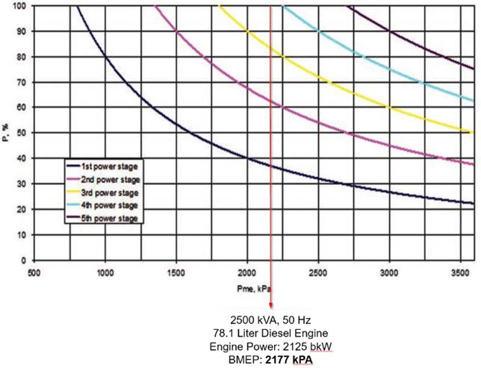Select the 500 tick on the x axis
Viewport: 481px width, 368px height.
pos(34,272)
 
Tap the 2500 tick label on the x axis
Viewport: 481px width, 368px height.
pos(319,272)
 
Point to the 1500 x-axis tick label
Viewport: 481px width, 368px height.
pos(176,272)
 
